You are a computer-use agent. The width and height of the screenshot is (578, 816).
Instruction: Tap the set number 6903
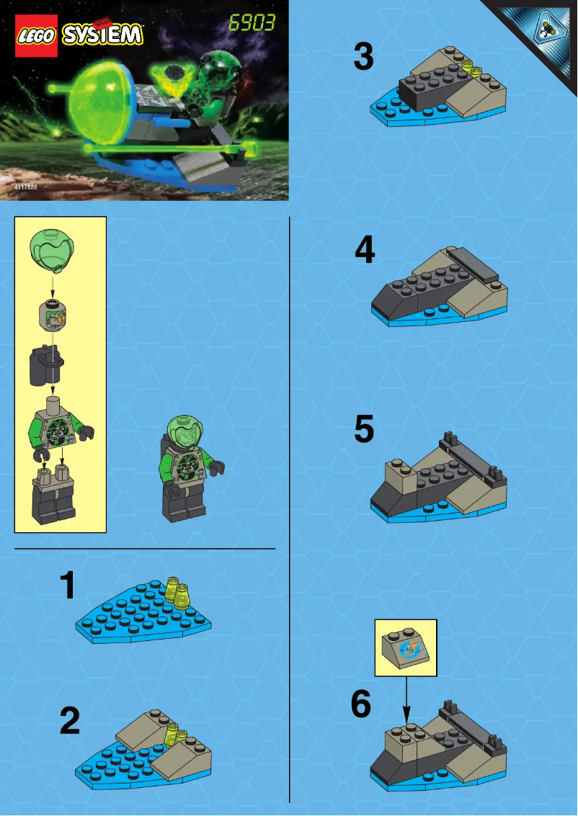click(x=252, y=23)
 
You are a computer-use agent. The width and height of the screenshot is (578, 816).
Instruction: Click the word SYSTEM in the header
click(x=102, y=35)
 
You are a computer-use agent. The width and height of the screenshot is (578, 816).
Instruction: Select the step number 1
click(x=68, y=586)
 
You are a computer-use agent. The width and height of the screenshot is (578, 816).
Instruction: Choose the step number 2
click(x=69, y=721)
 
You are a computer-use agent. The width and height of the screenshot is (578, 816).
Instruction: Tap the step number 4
click(x=365, y=251)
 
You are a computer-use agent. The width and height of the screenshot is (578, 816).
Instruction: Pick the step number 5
click(x=364, y=430)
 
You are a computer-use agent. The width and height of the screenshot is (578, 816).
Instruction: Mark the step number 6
click(x=361, y=705)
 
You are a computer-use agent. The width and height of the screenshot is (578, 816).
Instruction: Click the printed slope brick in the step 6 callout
click(x=406, y=647)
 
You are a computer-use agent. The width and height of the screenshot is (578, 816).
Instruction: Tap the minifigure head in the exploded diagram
click(x=52, y=315)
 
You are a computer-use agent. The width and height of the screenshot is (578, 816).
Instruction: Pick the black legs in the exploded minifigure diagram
click(x=53, y=497)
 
